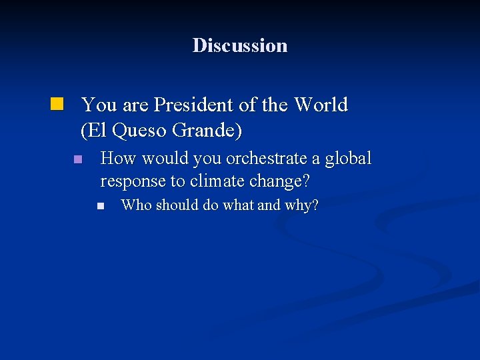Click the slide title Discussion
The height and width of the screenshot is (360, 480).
[240, 45]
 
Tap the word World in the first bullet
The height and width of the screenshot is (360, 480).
[321, 105]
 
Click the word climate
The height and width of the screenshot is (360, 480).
[219, 181]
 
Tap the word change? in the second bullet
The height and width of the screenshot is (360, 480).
[283, 181]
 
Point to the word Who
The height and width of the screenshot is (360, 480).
[136, 205]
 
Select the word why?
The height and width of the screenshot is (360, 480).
[302, 205]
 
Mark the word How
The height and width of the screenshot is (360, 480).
[117, 159]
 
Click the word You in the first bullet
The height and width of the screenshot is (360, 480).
[98, 105]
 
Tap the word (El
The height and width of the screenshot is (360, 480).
[94, 131]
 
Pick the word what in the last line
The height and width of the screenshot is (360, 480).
[238, 205]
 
